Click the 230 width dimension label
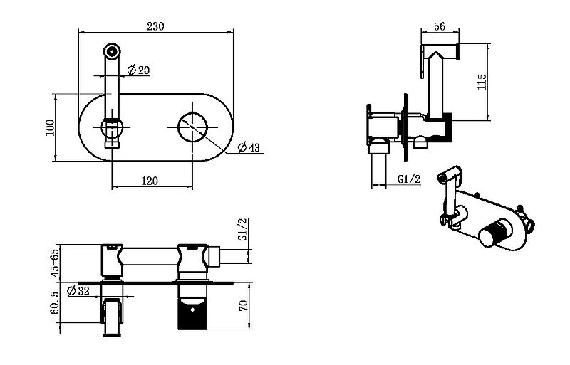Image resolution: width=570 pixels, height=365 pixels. click(x=155, y=26)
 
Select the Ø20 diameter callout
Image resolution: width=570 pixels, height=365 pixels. click(x=138, y=69)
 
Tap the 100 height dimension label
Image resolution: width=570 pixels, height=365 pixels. click(x=50, y=127)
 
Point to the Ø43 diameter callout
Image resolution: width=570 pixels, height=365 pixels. click(x=249, y=147)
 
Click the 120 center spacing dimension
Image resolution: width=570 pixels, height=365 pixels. click(x=150, y=181)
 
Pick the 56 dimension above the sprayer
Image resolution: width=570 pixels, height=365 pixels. click(x=440, y=26)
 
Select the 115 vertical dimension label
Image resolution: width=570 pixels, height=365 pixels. click(x=482, y=82)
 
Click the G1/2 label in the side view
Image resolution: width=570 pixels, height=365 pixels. click(x=409, y=179)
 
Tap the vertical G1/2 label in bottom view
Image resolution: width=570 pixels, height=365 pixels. click(x=243, y=229)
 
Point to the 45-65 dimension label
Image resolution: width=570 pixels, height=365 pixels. click(x=55, y=263)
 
